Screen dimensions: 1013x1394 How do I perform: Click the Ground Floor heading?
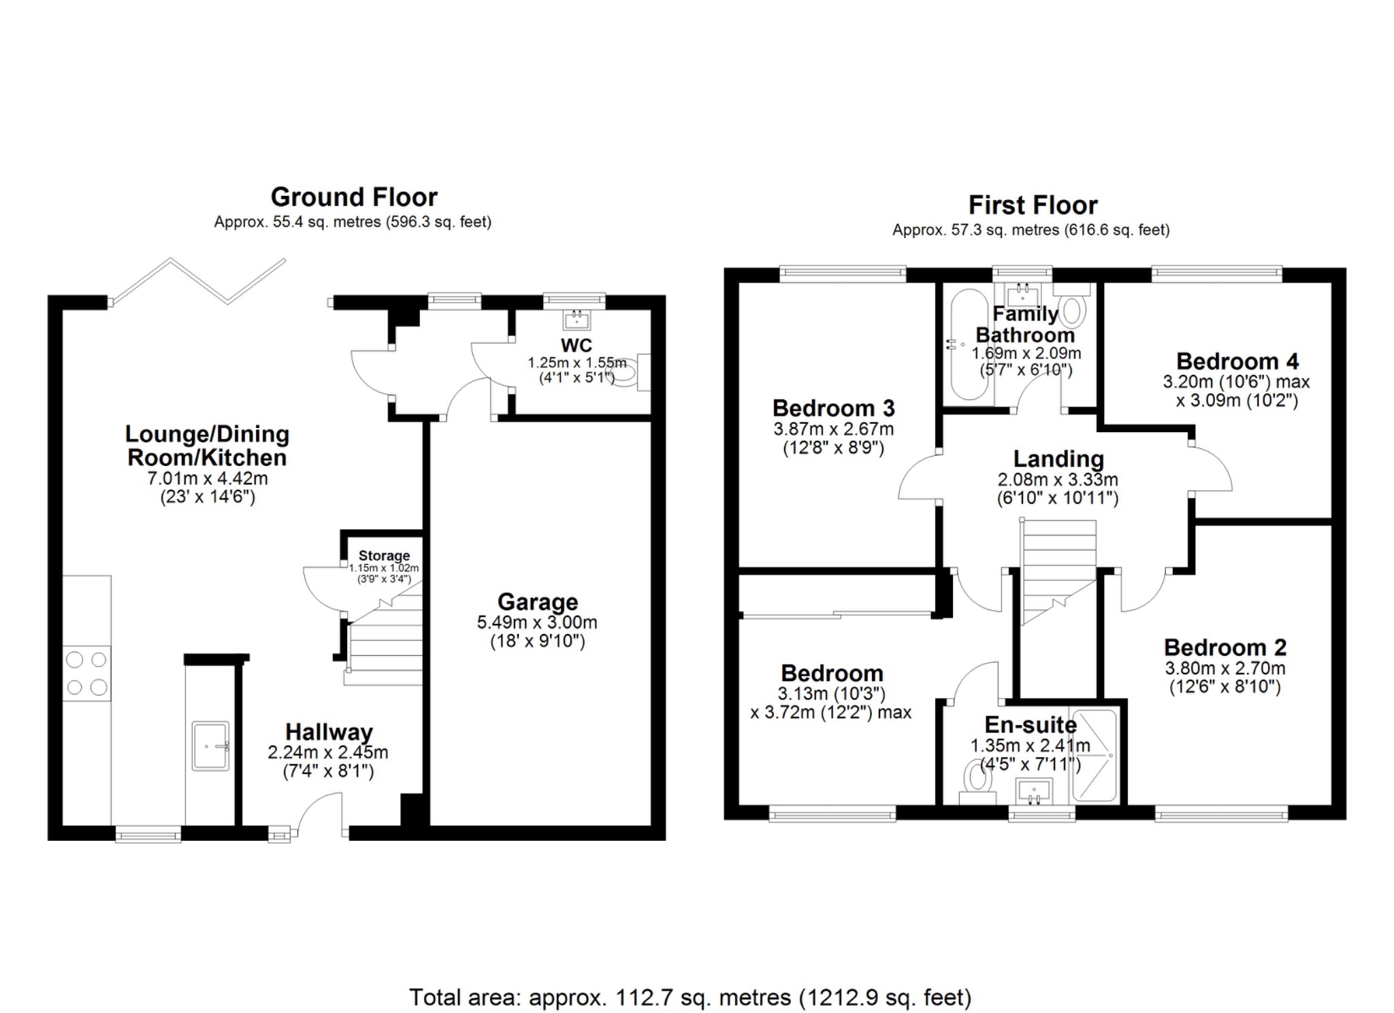[x=354, y=197]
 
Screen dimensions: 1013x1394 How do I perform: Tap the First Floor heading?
[x=1033, y=205]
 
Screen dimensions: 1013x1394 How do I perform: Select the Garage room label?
[x=537, y=601]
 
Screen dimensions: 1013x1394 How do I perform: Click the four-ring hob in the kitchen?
[x=86, y=673]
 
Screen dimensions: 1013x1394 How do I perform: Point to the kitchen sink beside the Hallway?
[x=211, y=746]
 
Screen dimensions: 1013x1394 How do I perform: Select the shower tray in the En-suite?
[x=1095, y=755]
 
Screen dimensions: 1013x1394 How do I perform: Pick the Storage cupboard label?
[x=384, y=556]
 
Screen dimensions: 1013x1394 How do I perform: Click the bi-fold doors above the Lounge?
[x=199, y=280]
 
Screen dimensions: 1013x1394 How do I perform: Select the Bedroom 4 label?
[x=1237, y=361]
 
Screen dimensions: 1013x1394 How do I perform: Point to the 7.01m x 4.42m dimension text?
[x=208, y=478]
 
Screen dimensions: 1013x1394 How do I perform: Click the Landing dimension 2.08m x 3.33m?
[x=1058, y=480]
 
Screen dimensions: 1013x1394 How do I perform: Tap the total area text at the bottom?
[x=690, y=997]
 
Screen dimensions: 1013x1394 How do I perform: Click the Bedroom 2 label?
[x=1225, y=647]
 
